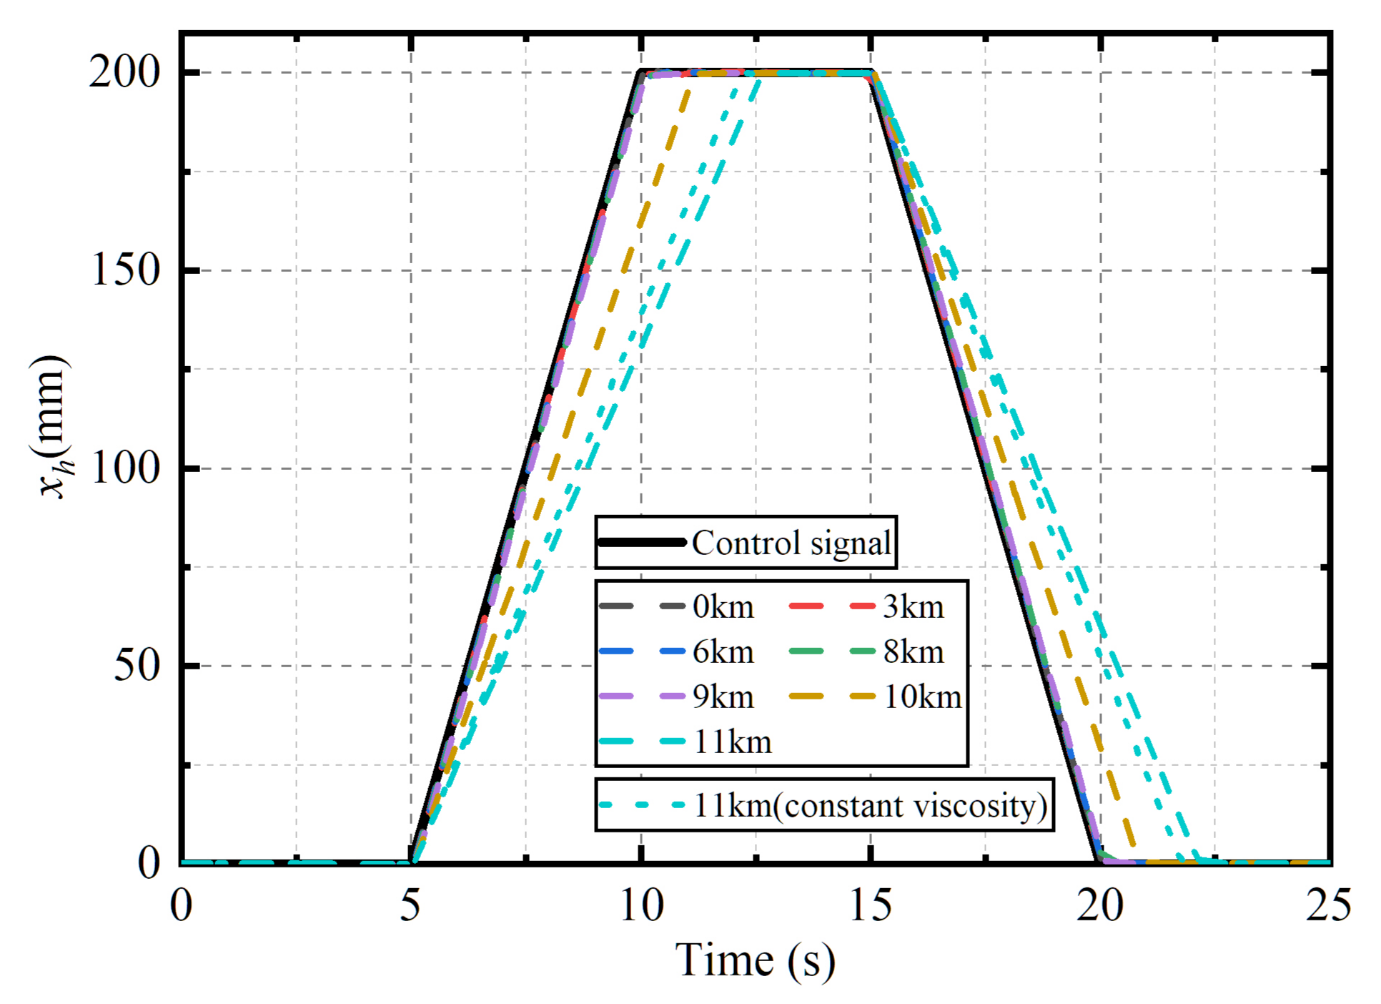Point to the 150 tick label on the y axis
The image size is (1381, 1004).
(125, 270)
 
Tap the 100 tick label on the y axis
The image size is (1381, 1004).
(125, 468)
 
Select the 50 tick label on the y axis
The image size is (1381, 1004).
(137, 666)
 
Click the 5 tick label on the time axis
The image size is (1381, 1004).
(410, 905)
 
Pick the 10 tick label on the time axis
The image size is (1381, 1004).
(640, 905)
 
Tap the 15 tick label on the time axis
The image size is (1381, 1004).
(870, 905)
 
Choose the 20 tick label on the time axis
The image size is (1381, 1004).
(1099, 905)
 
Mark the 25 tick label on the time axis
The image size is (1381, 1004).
(1328, 905)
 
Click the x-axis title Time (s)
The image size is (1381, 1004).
(755, 960)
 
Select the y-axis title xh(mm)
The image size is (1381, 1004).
(52, 426)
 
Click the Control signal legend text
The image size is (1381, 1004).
(791, 543)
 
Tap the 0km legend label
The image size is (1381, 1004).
(723, 607)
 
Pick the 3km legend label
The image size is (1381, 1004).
(913, 607)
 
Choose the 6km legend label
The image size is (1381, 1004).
(723, 652)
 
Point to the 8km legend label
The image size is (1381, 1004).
(913, 652)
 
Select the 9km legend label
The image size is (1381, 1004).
(723, 697)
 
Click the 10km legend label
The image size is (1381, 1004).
(922, 697)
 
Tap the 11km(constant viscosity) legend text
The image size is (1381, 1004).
(870, 806)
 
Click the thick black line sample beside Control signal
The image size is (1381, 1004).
(642, 543)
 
